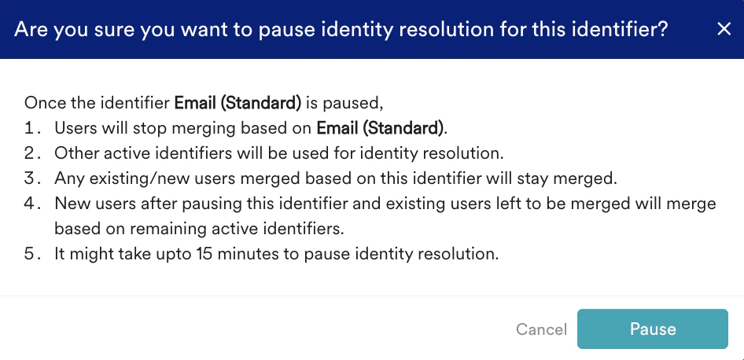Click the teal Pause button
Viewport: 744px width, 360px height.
(653, 329)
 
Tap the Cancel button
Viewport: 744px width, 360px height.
(541, 329)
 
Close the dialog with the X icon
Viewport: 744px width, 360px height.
(724, 29)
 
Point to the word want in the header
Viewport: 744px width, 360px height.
(223, 30)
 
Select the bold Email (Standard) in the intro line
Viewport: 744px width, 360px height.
(238, 103)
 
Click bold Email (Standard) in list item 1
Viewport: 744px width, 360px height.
(380, 128)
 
